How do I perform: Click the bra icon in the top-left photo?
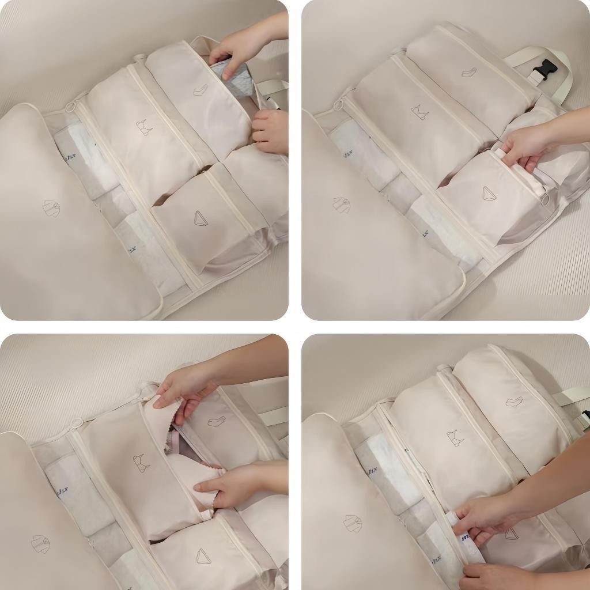[144, 127]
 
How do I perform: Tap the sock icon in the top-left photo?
[201, 90]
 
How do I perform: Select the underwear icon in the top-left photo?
[201, 218]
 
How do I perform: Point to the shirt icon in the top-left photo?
[52, 209]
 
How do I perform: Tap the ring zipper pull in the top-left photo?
[71, 107]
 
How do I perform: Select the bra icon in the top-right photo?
[419, 112]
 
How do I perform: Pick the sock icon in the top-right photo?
[469, 73]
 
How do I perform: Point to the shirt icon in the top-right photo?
[341, 205]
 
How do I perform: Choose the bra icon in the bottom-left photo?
[140, 463]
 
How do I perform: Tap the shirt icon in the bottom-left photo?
[40, 543]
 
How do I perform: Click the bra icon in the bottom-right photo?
[455, 439]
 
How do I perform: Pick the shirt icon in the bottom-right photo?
[353, 523]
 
